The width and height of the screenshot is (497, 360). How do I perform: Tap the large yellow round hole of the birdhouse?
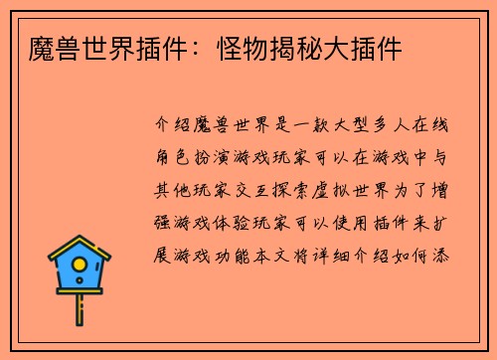point(80,268)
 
